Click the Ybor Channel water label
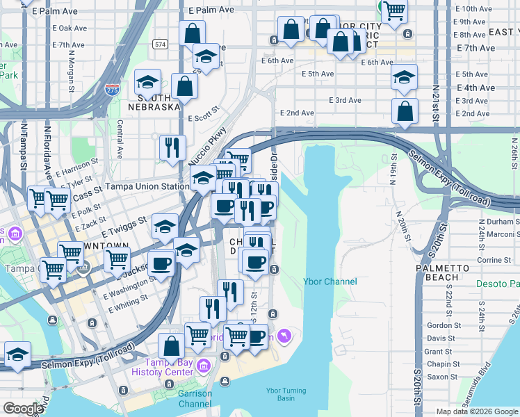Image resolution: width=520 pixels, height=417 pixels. (x=330, y=281)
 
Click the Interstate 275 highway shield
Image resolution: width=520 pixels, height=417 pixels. (x=111, y=89)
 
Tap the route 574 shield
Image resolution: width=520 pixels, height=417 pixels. (x=161, y=44)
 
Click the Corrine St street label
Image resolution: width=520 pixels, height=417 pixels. (x=494, y=260)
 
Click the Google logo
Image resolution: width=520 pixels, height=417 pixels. (x=23, y=408)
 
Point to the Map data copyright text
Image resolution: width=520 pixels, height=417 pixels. (x=477, y=411)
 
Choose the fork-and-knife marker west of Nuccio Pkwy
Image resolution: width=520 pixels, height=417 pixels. (x=172, y=148)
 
